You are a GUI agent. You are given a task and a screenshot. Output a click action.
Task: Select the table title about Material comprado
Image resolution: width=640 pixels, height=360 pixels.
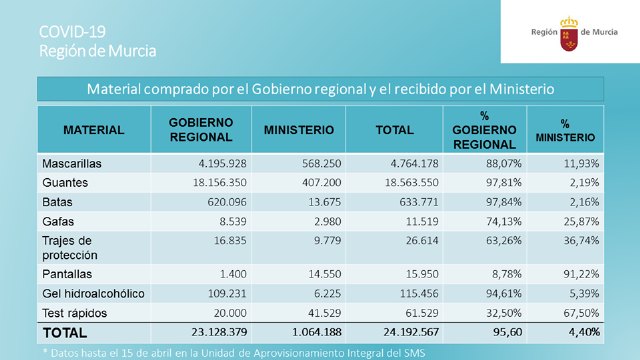(320, 89)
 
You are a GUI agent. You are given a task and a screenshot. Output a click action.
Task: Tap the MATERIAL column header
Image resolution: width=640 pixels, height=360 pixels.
(94, 130)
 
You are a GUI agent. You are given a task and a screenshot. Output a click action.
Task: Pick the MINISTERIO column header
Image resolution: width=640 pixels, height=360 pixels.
(299, 130)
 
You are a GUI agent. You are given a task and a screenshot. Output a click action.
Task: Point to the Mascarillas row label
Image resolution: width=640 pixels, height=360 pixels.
(71, 163)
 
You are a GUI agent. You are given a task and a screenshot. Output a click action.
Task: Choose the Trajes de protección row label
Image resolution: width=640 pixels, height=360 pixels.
(68, 247)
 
